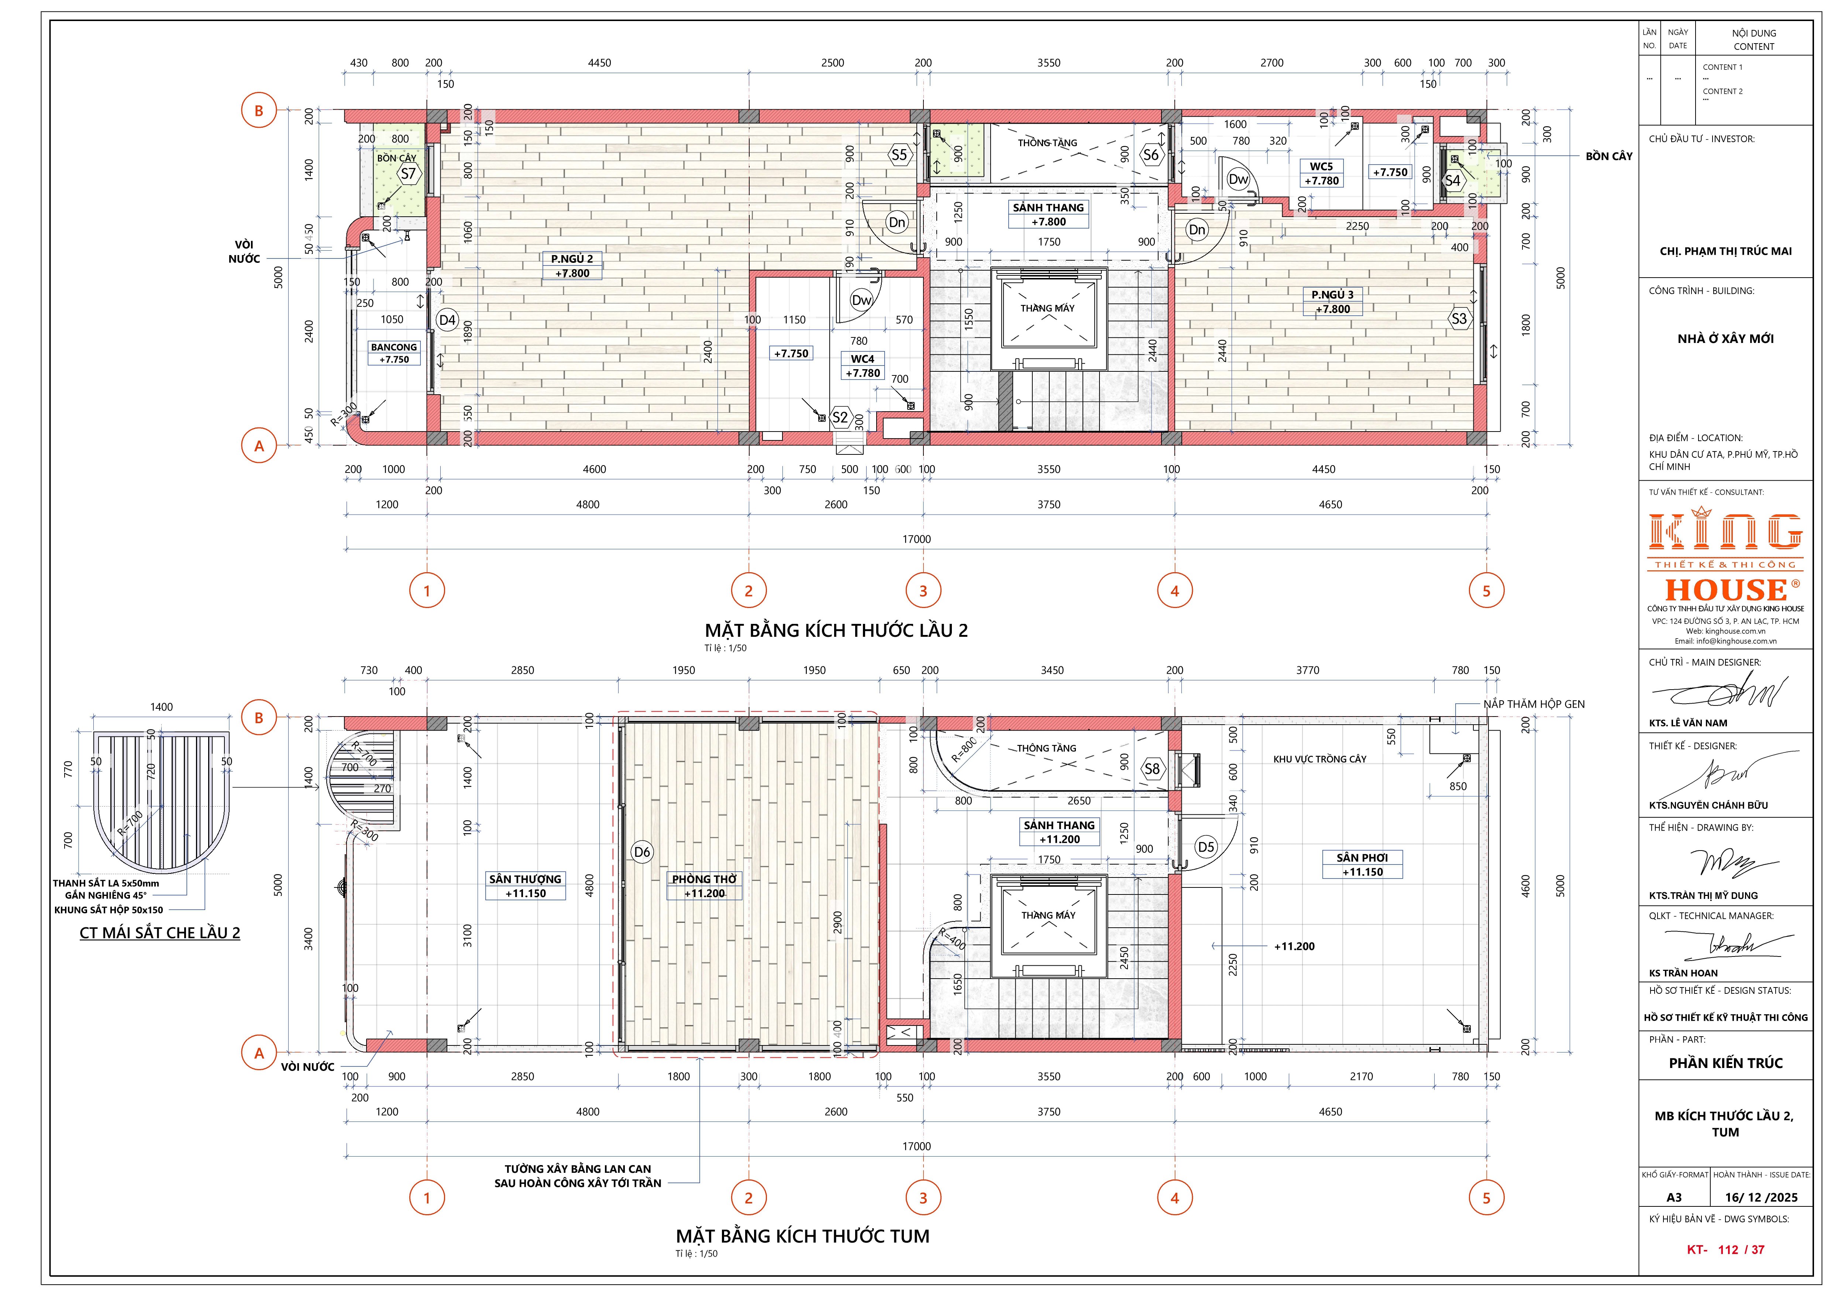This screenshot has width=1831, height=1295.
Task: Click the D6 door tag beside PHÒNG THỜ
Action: [642, 852]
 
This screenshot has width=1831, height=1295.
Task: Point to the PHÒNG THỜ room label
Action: [704, 879]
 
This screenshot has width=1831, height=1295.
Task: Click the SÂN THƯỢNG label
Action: [526, 879]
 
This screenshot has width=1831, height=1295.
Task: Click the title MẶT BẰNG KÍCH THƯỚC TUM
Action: [802, 1236]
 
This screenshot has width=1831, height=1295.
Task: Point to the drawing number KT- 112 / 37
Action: [1725, 1250]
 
